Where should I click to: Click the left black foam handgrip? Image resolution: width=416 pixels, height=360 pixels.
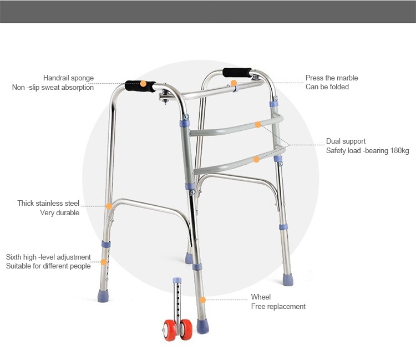[x=140, y=86]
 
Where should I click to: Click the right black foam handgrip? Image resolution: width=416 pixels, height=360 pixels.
[x=237, y=73]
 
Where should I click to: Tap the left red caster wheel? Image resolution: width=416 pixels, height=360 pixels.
[x=170, y=330]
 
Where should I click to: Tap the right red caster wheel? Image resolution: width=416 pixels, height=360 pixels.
[x=186, y=329]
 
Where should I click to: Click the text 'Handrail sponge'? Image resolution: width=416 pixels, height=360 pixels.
[x=68, y=78]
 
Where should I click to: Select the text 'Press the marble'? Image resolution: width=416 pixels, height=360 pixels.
[x=332, y=78]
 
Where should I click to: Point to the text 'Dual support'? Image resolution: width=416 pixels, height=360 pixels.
[x=346, y=141]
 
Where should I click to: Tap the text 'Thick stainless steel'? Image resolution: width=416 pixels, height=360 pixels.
[x=48, y=203]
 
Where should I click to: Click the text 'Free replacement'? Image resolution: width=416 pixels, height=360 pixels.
[x=278, y=307]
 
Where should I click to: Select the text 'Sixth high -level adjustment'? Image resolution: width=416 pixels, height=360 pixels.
[x=48, y=257]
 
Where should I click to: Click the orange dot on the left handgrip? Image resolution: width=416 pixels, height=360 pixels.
[x=143, y=84]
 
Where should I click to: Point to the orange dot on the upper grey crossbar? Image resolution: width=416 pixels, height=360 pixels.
[x=258, y=124]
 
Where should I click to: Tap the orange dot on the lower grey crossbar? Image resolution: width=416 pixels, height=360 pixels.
[x=256, y=159]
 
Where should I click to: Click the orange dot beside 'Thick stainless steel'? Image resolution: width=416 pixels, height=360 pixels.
[x=109, y=206]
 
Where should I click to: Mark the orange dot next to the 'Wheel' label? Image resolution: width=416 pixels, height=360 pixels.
[x=202, y=300]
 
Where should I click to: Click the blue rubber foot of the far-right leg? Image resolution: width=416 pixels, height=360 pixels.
[x=287, y=280]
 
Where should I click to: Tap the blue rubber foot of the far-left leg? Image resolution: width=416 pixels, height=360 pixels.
[x=103, y=296]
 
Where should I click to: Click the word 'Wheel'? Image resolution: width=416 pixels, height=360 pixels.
[x=261, y=297]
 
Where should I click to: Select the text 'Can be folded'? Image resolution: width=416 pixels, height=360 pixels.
[x=327, y=87]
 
